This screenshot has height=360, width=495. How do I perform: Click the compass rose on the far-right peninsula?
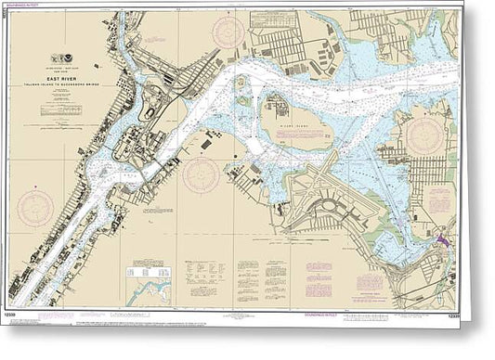pyautogui.click(x=425, y=135)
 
